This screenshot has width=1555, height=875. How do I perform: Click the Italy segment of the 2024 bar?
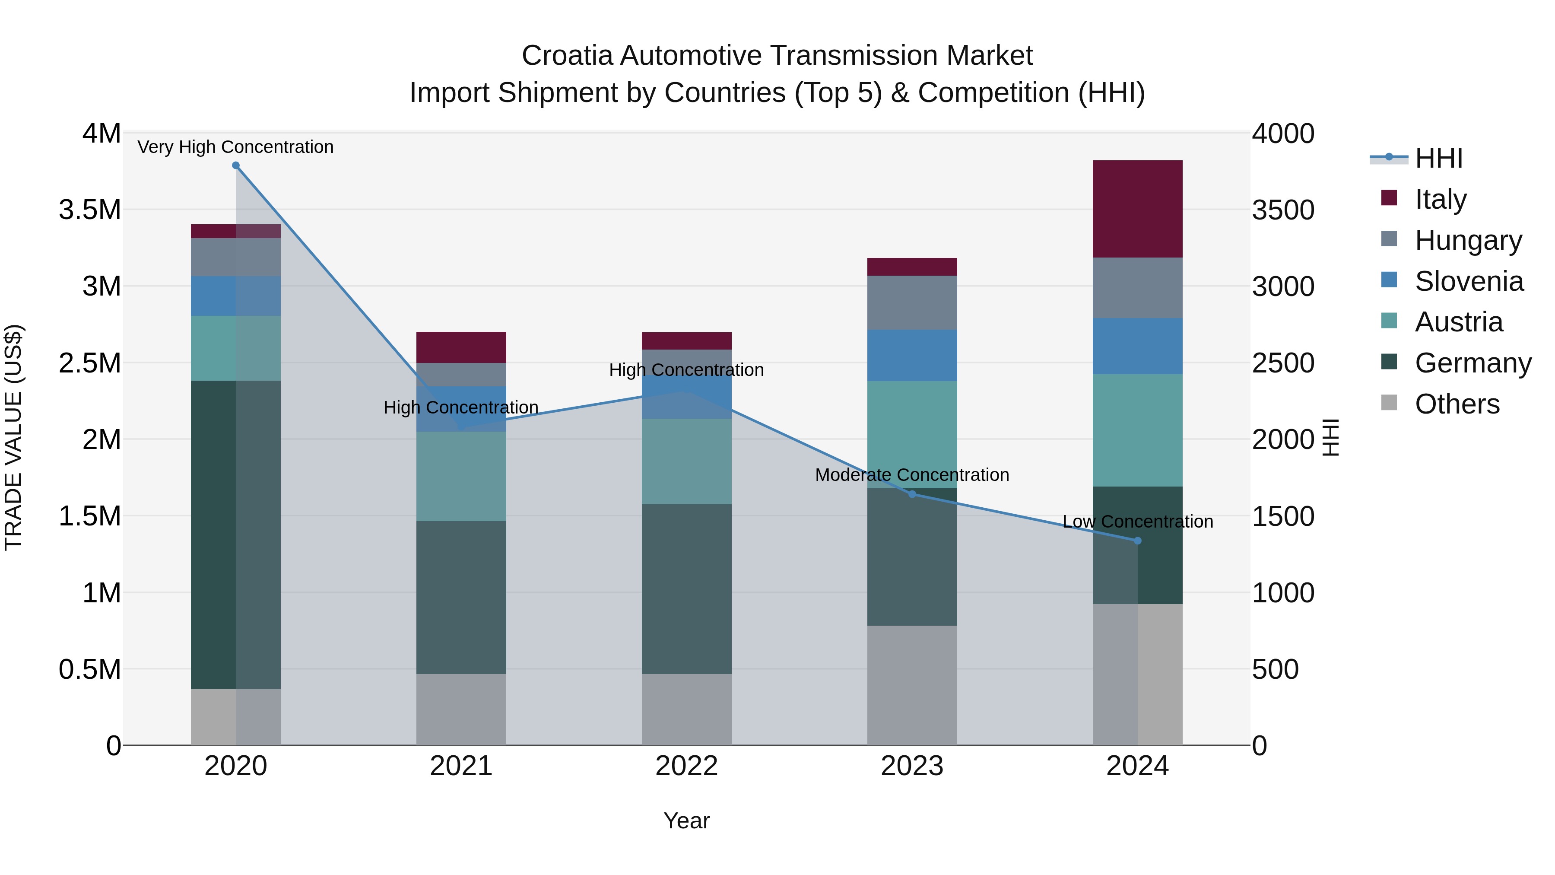click(1137, 209)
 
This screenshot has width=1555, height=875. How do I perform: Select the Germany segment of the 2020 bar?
click(235, 535)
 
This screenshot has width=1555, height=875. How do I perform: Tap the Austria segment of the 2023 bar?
click(912, 434)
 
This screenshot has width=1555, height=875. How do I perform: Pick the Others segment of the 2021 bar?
click(461, 709)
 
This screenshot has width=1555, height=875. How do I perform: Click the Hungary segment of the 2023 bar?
click(912, 302)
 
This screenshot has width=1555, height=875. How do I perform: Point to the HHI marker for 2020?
click(236, 165)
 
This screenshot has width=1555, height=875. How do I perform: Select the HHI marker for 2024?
click(1137, 541)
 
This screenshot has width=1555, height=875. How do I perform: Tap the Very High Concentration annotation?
click(235, 147)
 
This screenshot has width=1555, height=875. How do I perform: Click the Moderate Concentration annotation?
click(912, 474)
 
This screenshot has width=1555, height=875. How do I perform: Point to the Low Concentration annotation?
click(1137, 521)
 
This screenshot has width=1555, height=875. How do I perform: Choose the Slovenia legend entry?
click(1468, 281)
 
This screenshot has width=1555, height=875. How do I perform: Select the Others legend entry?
click(1456, 404)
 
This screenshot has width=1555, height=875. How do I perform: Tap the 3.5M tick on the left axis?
click(90, 210)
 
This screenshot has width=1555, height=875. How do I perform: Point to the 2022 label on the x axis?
click(686, 766)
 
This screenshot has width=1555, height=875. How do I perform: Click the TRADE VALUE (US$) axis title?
click(14, 437)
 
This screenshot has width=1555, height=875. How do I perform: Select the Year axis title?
click(686, 821)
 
